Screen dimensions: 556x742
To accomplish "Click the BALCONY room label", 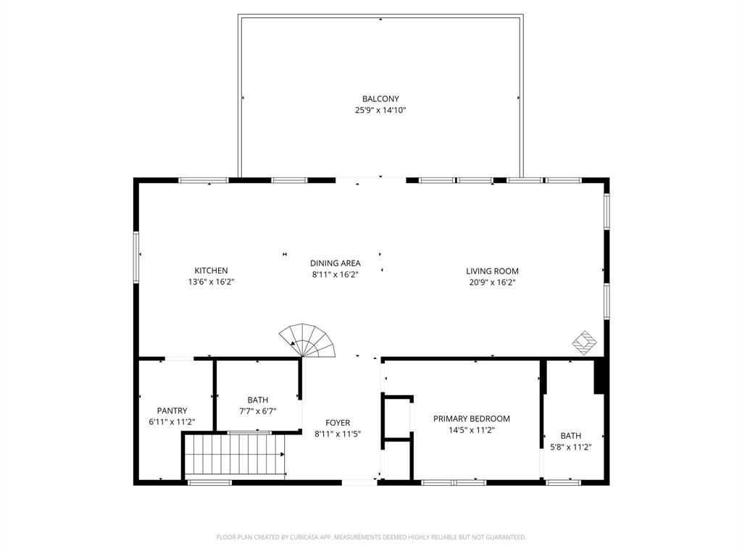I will point(380,98).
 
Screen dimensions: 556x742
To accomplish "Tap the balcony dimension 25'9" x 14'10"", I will point(380,111).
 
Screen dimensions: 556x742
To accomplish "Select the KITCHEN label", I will point(211,271).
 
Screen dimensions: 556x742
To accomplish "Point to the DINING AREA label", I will point(335,264).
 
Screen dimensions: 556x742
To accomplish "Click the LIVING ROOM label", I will point(492,271).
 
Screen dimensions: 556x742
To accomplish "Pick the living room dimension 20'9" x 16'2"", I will point(492,283).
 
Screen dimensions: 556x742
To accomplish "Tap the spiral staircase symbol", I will point(309,341).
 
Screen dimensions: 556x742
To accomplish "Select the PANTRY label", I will point(172,410).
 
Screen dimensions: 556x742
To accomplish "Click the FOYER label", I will point(338,423).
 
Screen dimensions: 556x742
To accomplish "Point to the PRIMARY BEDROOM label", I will point(472,418).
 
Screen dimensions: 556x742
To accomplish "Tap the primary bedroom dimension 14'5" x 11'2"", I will point(472,430).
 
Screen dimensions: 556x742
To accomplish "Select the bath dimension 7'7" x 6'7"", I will point(257,411).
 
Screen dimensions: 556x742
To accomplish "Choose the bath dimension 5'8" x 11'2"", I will point(570,447).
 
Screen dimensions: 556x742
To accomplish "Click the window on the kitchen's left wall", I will point(136,255).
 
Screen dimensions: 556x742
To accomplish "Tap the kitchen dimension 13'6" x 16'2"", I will point(211,282).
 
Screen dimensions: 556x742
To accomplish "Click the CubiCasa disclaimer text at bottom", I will point(371,537).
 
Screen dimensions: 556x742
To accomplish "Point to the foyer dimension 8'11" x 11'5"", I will point(338,434).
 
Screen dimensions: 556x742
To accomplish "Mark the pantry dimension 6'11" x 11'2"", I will point(172,422).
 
